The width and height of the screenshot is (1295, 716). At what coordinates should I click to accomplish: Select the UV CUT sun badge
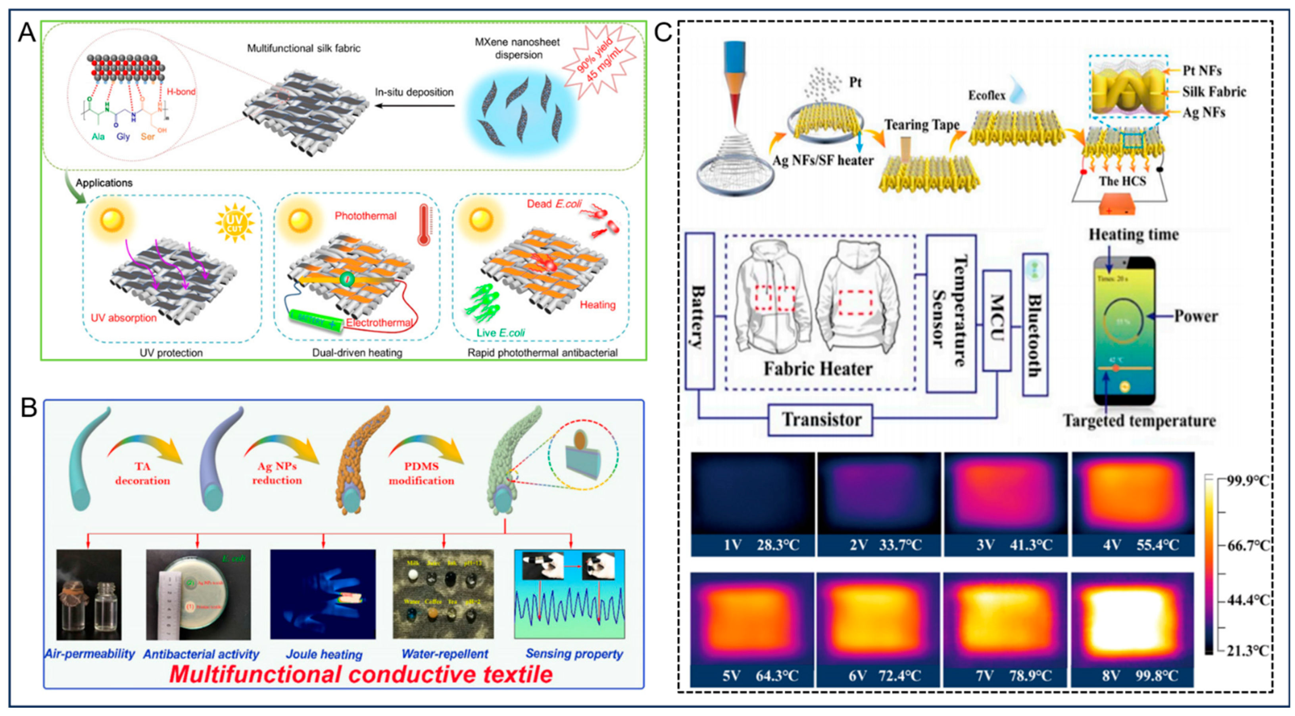coord(234,224)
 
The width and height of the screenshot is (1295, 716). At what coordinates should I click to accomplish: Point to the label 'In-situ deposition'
coord(414,92)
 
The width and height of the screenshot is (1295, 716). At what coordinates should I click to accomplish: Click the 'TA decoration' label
coord(143,473)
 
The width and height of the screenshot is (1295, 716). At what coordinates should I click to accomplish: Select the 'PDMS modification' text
coord(421,473)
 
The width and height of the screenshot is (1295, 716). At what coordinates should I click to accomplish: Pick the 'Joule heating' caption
coord(324,654)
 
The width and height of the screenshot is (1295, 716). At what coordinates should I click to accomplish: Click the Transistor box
coord(820,419)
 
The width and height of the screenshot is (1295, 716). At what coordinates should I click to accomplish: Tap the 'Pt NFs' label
coord(1201,71)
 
